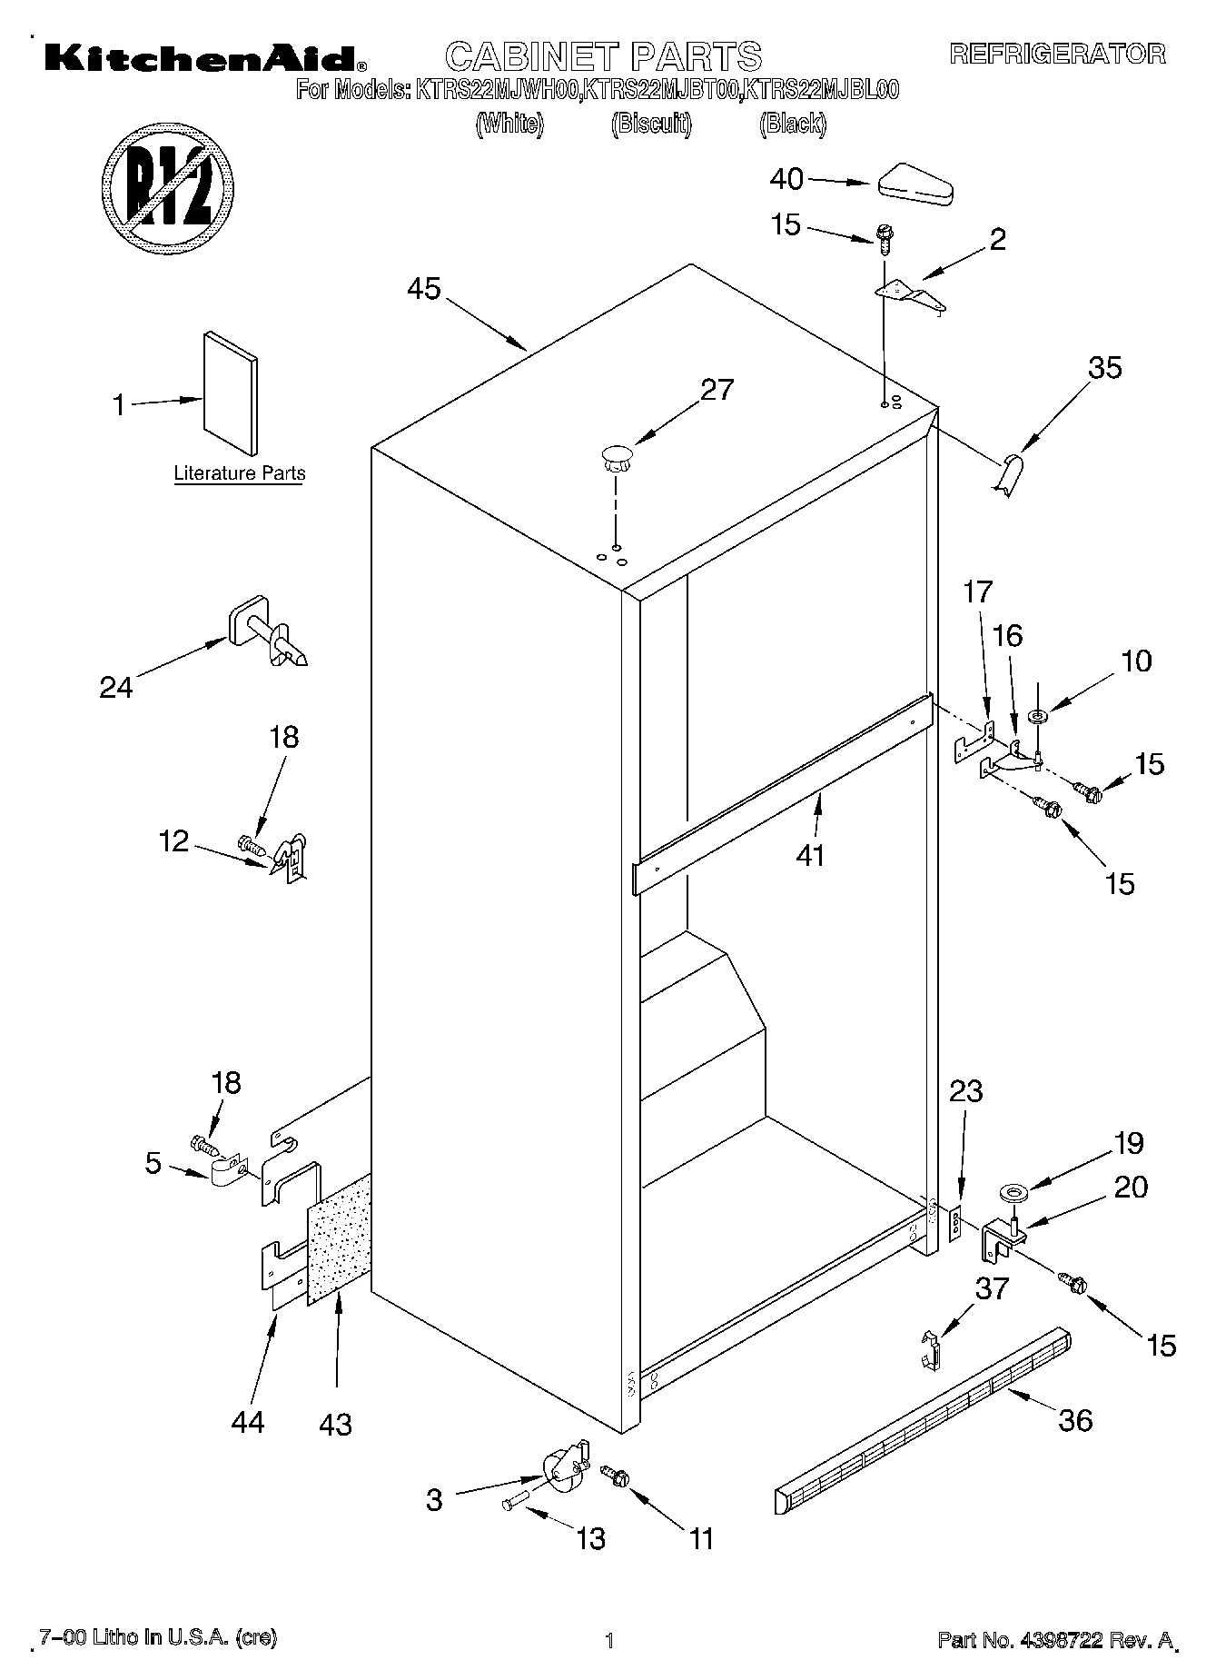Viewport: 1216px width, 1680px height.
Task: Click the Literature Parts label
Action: pyautogui.click(x=239, y=473)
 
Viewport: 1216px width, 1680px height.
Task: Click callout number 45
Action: pyautogui.click(x=423, y=289)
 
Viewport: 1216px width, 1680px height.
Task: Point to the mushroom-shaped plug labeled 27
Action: pyautogui.click(x=615, y=455)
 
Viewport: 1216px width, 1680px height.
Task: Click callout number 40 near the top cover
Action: pyautogui.click(x=786, y=179)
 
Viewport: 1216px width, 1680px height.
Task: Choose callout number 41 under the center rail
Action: pyautogui.click(x=810, y=855)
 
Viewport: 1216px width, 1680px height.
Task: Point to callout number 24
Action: pyautogui.click(x=116, y=687)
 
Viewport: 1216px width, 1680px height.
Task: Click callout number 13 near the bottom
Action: pyautogui.click(x=590, y=1538)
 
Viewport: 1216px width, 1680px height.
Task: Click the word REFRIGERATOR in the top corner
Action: pyautogui.click(x=1057, y=54)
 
